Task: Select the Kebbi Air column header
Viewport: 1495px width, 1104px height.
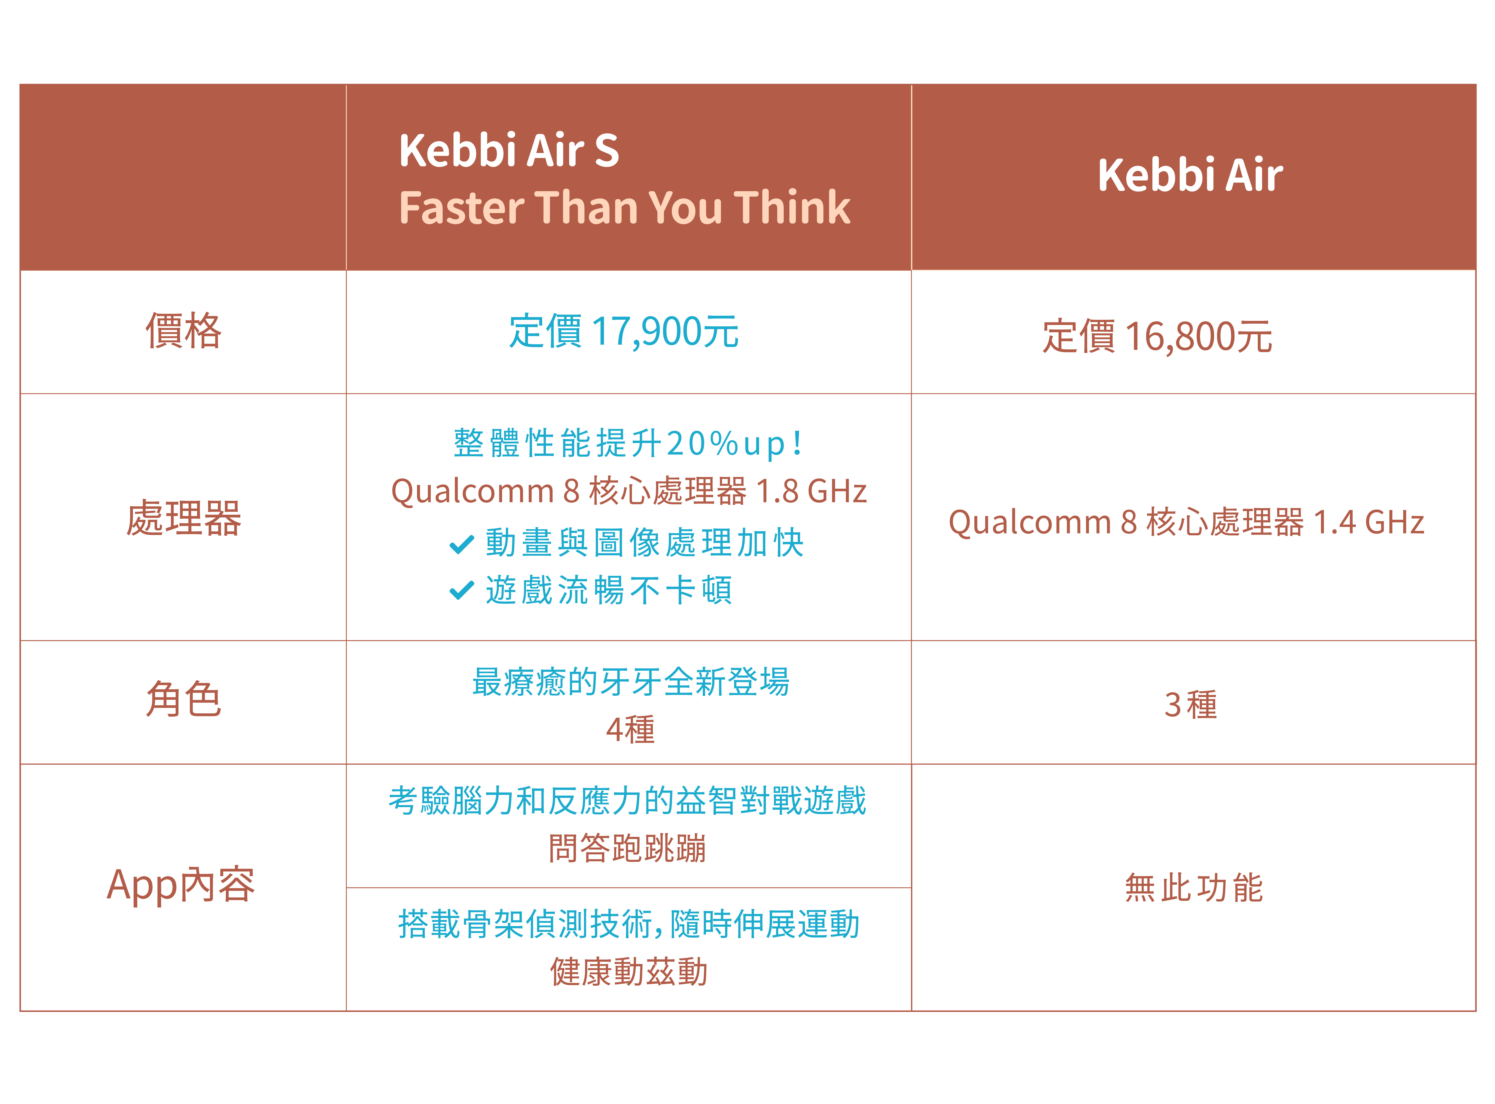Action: pos(1190,175)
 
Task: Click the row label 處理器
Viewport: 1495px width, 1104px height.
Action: pos(183,518)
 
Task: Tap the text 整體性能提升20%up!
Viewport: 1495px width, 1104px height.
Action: pos(628,443)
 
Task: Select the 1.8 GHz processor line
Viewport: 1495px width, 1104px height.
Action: pos(628,491)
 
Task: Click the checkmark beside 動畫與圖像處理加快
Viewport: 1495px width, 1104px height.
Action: pos(461,544)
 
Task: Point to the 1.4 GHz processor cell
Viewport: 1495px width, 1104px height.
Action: pos(1186,522)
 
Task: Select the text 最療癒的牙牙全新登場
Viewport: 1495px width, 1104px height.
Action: pos(630,682)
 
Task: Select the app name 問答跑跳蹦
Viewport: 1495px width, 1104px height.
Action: pos(627,848)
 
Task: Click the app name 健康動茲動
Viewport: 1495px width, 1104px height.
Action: pos(628,972)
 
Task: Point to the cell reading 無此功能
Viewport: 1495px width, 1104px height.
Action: pos(1193,888)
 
